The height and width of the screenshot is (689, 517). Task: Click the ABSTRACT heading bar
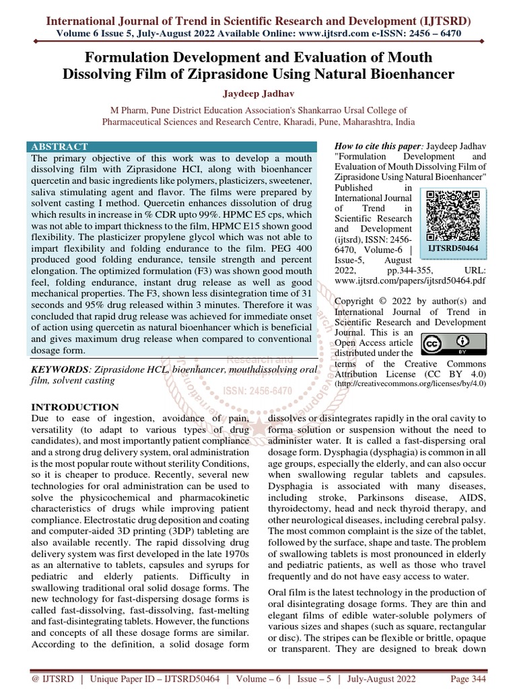[173, 147]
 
